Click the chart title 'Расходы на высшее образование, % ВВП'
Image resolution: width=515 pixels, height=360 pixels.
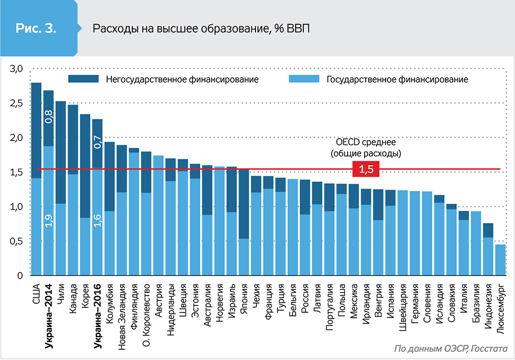[x=201, y=28]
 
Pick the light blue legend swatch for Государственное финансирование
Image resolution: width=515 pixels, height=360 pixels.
[x=304, y=79]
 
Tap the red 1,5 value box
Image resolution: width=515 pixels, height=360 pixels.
[x=366, y=169]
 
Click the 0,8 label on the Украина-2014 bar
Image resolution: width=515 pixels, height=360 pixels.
[x=49, y=116]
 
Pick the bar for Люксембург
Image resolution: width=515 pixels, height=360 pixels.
[x=500, y=260]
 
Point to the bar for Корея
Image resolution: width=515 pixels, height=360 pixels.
[x=85, y=206]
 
